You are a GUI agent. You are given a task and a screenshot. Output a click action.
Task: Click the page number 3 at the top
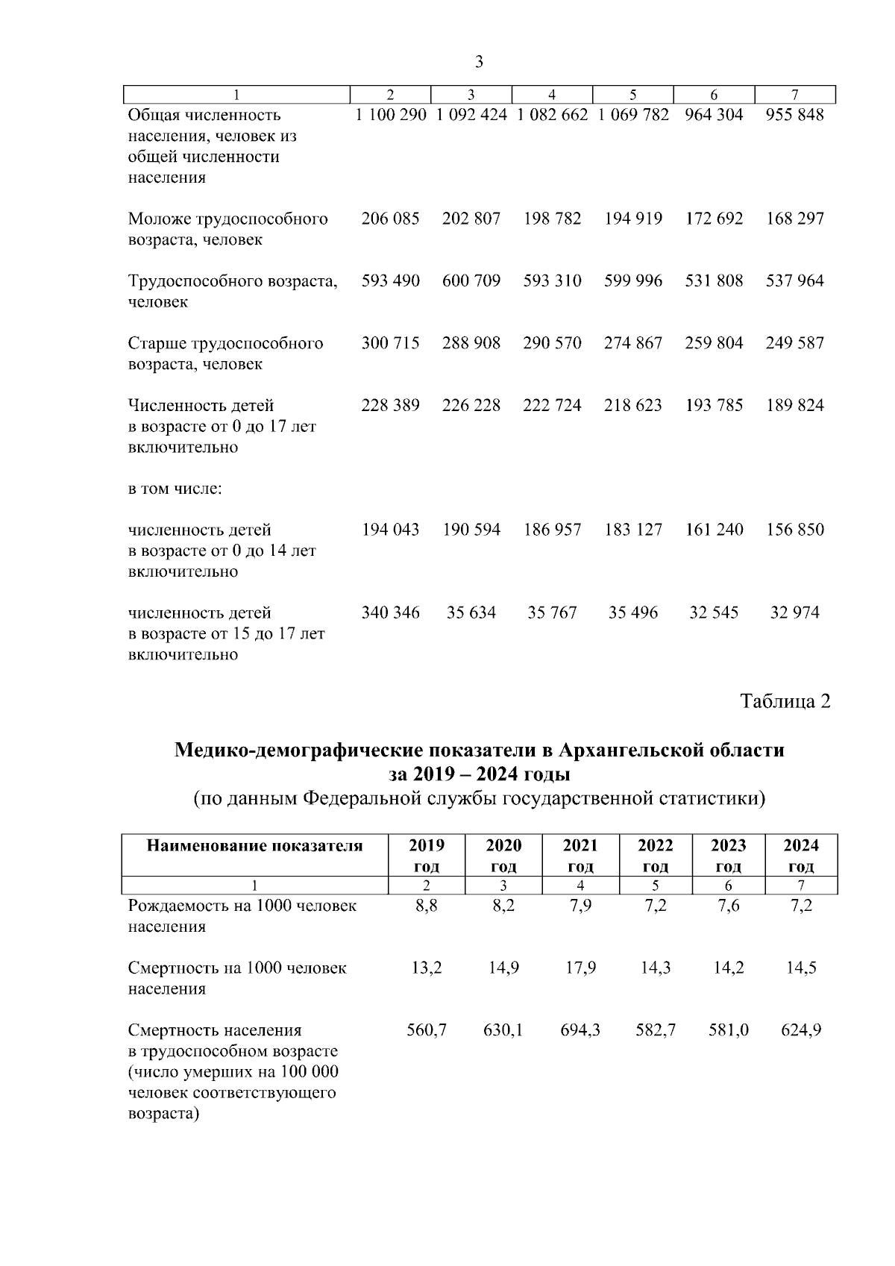point(479,62)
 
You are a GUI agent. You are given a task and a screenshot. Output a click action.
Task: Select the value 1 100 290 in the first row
point(391,115)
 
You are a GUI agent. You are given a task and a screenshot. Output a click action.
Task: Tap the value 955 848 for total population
point(795,115)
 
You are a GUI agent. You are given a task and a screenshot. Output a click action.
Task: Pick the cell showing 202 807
point(471,219)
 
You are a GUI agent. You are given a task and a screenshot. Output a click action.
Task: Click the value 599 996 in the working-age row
point(633,281)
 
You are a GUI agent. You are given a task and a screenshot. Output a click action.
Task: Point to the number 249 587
point(795,342)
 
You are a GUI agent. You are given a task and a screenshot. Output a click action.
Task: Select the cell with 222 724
point(552,405)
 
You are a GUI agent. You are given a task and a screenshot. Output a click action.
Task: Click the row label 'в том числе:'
point(175,489)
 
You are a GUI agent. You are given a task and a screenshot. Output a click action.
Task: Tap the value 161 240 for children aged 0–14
point(714,530)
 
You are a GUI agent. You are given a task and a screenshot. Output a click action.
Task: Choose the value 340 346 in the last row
point(391,612)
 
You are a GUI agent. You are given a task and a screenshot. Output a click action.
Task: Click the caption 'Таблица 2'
point(785,701)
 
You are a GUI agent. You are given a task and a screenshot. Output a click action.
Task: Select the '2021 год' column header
point(580,855)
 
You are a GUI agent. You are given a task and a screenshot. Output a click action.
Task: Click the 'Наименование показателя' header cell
point(254,846)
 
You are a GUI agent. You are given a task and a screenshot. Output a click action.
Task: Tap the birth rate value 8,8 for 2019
point(427,906)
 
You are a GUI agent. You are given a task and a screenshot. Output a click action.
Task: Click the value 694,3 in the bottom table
point(580,1030)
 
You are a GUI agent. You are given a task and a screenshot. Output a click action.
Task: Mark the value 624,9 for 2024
point(801,1030)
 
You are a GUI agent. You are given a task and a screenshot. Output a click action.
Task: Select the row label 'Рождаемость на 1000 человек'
point(242,906)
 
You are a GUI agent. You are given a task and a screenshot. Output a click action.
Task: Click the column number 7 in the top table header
point(795,95)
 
